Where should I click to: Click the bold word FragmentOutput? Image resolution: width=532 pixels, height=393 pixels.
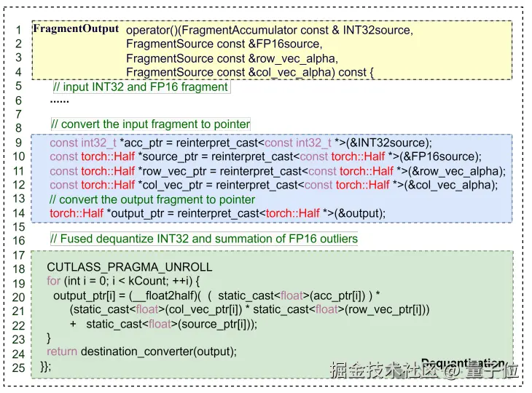pyautogui.click(x=76, y=29)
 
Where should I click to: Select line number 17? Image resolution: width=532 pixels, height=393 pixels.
pyautogui.click(x=19, y=255)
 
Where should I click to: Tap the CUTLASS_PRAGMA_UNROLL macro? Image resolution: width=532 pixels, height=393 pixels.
pyautogui.click(x=130, y=267)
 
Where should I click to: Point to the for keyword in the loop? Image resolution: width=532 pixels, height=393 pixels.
pyautogui.click(x=54, y=281)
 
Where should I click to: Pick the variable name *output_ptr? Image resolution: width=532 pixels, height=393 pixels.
pyautogui.click(x=139, y=213)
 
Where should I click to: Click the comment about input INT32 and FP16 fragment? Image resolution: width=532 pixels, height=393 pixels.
pyautogui.click(x=141, y=87)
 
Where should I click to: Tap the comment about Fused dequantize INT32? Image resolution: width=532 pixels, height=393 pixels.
pyautogui.click(x=204, y=239)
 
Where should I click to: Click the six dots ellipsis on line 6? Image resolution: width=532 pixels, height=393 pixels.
pyautogui.click(x=60, y=100)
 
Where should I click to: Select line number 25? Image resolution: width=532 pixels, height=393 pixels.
pyautogui.click(x=19, y=367)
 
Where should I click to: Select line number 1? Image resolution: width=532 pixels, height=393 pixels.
pyautogui.click(x=19, y=31)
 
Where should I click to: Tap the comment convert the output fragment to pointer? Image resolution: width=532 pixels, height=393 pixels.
pyautogui.click(x=152, y=199)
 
